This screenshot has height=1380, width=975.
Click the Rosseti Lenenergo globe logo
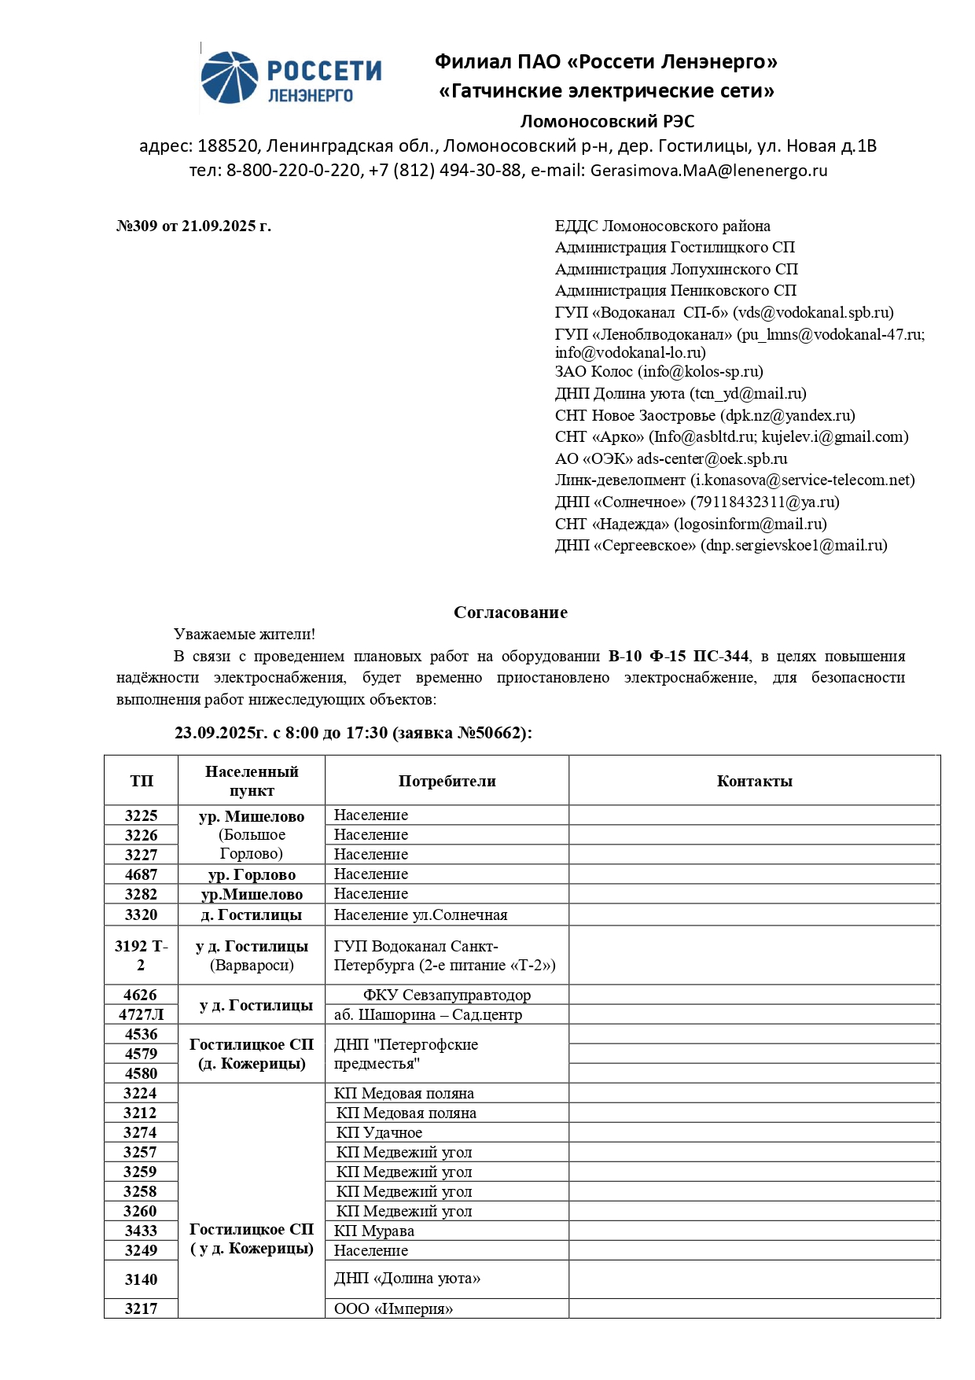229,78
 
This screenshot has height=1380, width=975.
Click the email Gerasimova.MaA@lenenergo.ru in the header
708,170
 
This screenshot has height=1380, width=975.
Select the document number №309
137,226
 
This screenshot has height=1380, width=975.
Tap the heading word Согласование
510,613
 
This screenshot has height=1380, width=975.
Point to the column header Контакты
754,781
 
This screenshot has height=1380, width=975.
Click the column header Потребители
447,781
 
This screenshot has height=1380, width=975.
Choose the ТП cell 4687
142,874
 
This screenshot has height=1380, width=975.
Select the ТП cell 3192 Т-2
142,955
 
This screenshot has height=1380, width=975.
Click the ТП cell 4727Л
142,1014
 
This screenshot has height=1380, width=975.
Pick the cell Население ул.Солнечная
421,914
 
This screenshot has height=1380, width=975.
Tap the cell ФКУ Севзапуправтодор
447,995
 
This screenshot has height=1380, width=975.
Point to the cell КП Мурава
374,1231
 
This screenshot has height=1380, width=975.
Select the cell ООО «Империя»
394,1309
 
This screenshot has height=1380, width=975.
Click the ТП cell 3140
142,1279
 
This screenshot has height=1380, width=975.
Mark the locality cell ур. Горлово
252,874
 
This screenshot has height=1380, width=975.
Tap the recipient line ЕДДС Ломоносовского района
662,226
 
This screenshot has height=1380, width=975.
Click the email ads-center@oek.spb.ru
712,458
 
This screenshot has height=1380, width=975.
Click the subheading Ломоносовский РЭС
607,121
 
